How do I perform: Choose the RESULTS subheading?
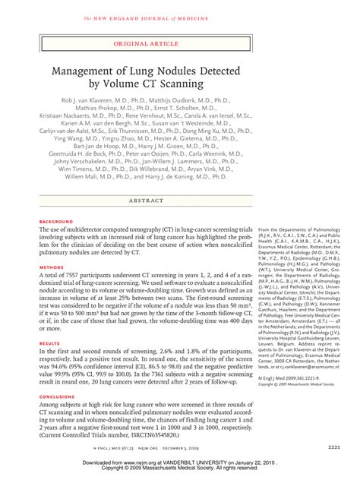click(49, 343)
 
